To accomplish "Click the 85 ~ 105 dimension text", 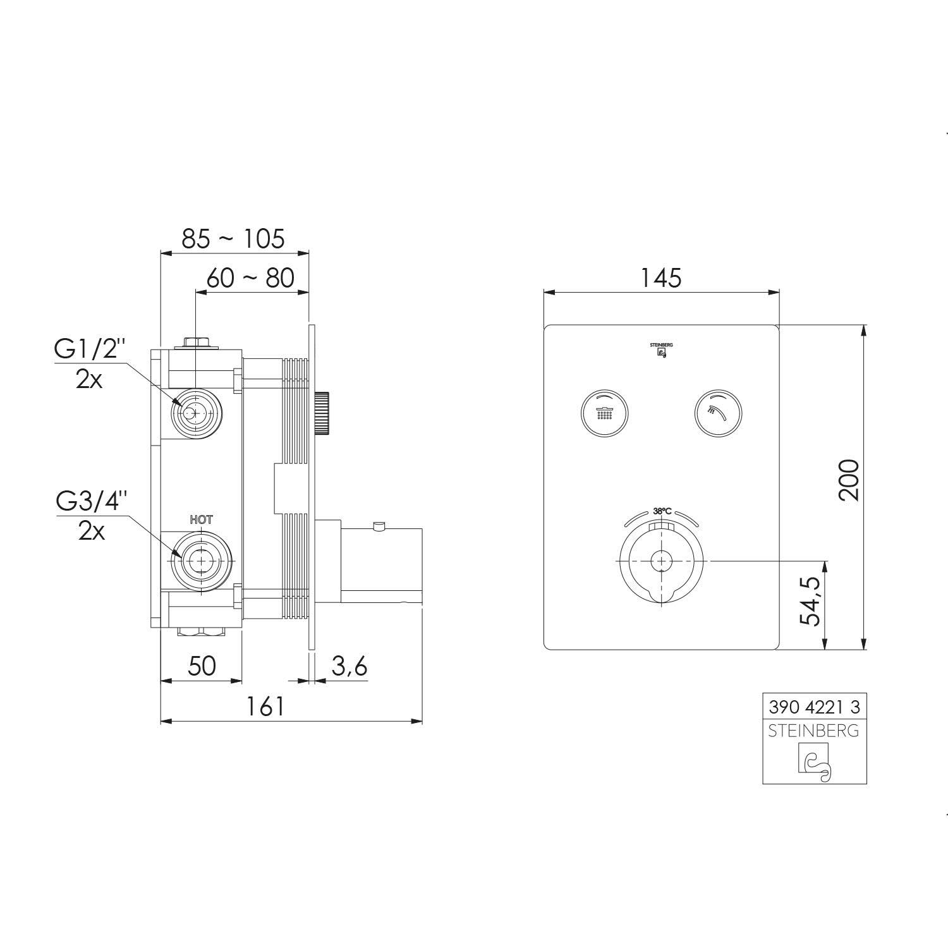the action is point(233,239).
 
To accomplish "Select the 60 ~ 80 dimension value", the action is point(250,277).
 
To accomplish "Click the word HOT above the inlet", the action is point(202,520).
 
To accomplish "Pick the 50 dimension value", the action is point(202,665).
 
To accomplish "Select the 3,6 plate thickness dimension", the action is point(349,666).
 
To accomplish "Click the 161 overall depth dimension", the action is point(266,706).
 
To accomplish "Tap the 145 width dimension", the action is point(662,277).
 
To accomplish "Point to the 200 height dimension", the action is point(849,480).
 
